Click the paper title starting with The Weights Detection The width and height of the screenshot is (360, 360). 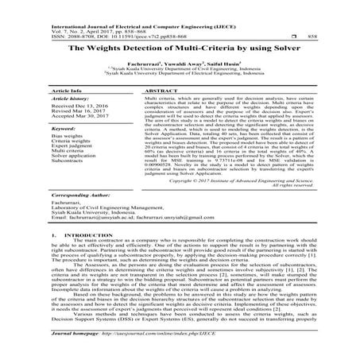(x=180, y=48)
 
